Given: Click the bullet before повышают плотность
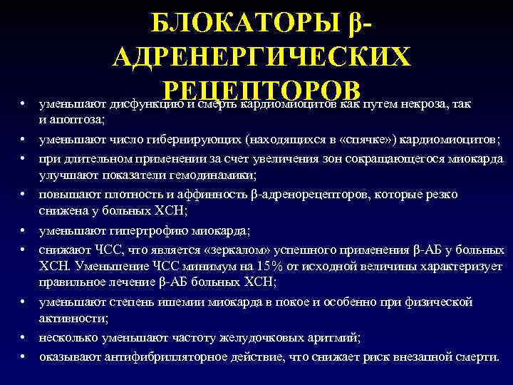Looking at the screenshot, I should pos(24,195).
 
